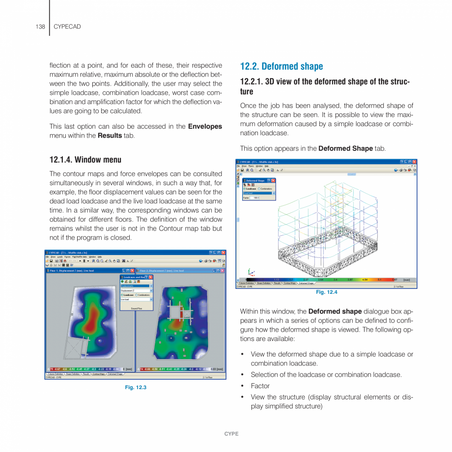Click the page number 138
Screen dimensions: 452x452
pos(40,26)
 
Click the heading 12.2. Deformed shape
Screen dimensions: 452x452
pos(281,66)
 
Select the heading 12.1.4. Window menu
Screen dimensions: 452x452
pos(85,160)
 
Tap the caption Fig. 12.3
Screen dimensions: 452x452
pos(136,388)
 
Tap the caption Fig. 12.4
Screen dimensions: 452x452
pos(326,292)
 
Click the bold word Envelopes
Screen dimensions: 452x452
pos(205,126)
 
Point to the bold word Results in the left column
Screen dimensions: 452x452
pos(110,136)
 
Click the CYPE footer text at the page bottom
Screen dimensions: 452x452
pos(231,434)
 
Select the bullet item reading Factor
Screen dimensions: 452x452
pos(260,386)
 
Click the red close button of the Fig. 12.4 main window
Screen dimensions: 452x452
pos(414,162)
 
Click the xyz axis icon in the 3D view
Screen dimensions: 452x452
pos(252,272)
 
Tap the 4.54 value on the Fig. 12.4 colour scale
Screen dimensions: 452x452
pos(365,280)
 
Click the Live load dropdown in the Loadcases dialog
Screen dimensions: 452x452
pos(136,299)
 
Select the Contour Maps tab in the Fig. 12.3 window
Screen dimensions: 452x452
pos(99,374)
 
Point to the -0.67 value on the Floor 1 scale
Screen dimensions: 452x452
pos(57,369)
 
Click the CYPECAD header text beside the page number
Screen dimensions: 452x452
pos(67,26)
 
